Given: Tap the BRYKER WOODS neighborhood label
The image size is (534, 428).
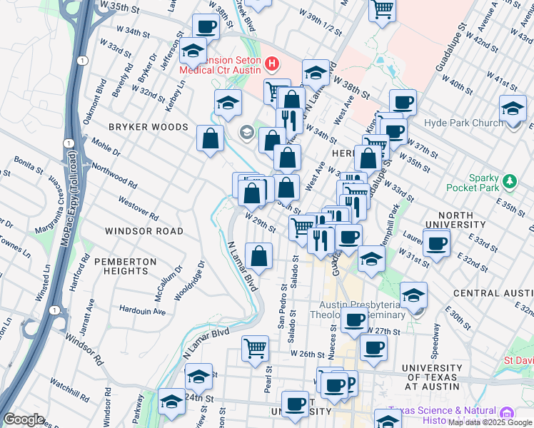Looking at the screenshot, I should [148, 127].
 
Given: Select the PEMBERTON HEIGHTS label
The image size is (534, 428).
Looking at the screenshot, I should [129, 266].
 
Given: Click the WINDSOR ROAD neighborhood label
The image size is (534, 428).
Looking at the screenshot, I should [143, 231].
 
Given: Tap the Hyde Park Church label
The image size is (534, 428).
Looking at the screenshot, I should [463, 123].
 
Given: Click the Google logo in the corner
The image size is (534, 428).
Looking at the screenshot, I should [24, 419].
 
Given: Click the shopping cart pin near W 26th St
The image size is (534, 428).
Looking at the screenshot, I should [255, 349].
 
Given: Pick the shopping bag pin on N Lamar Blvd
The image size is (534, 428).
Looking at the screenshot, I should [259, 256].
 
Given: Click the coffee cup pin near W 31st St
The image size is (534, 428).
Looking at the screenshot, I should [436, 243].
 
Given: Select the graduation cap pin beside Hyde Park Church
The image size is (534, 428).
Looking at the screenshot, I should [513, 108].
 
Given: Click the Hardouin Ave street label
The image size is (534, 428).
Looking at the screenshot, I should [143, 312].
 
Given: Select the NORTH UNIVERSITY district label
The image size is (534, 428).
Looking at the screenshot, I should [445, 220].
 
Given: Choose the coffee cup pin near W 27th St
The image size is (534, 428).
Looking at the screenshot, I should [353, 320].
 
